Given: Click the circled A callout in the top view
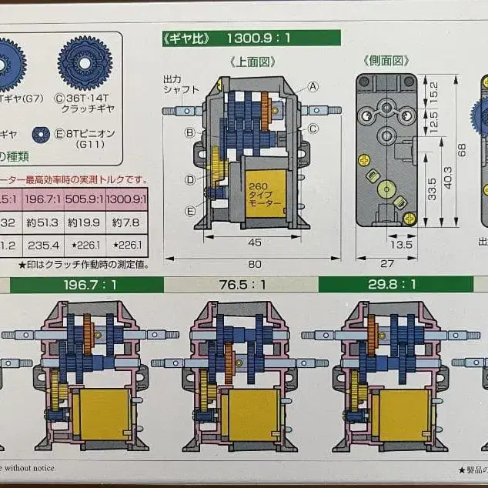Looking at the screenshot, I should (314, 88).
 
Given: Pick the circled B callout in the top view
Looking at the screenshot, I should (189, 132).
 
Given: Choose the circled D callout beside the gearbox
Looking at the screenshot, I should (189, 180).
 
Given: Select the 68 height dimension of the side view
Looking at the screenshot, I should (462, 149).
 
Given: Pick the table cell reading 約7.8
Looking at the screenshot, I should (125, 222).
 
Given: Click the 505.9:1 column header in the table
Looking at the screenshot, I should (82, 199).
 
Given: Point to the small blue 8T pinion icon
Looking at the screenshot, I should (41, 134).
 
